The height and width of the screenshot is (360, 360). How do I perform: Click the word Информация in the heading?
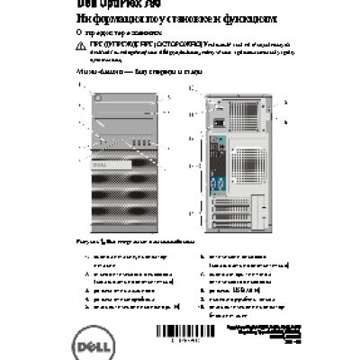tap(95, 16)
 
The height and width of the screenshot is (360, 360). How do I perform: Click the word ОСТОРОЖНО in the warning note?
tap(156, 42)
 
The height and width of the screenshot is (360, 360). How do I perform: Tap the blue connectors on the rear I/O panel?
tap(214, 184)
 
